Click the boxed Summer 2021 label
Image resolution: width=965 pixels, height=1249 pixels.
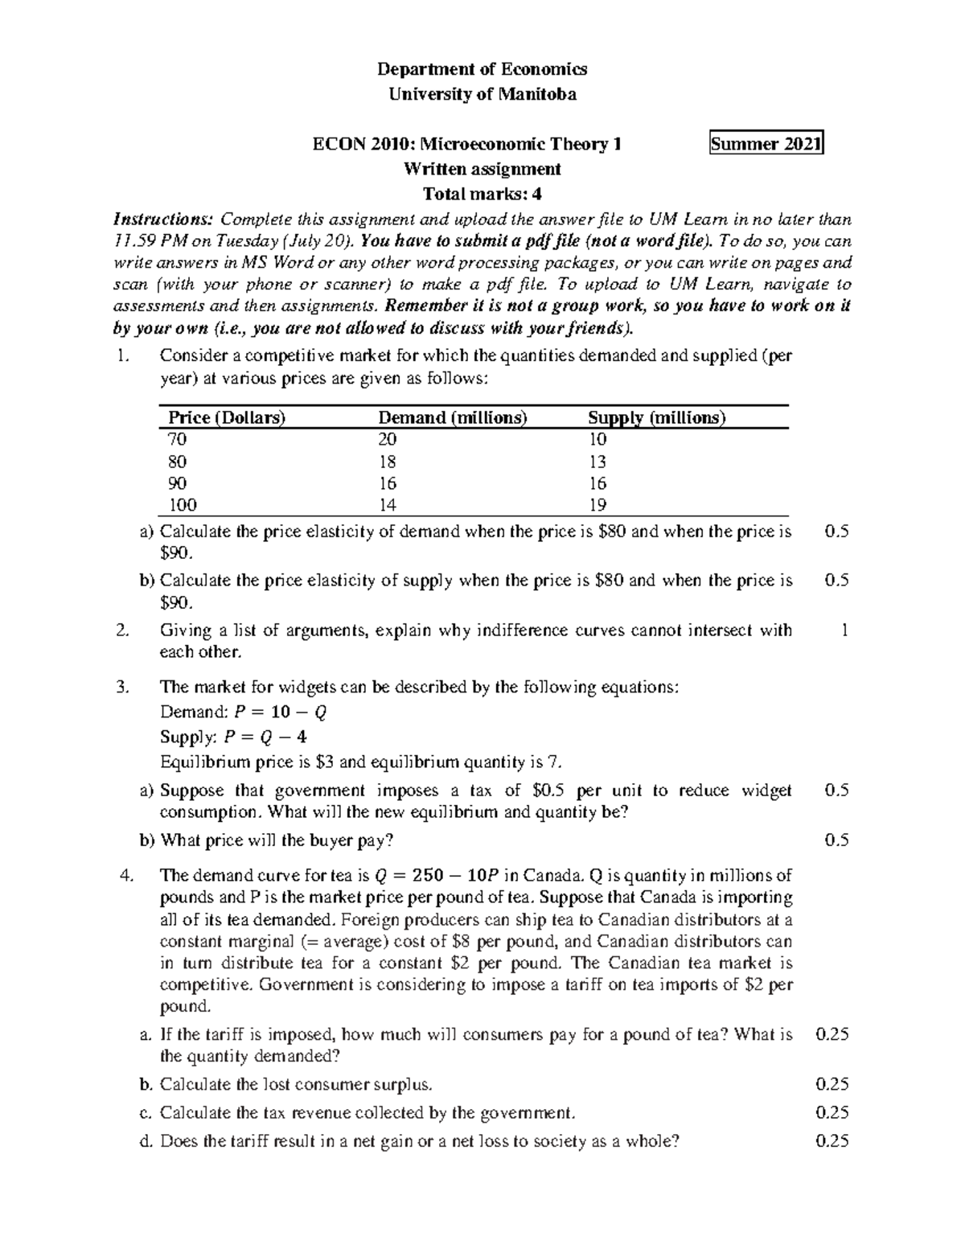(766, 144)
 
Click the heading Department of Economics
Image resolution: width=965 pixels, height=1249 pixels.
(482, 69)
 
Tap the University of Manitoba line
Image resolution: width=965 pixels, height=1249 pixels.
(482, 94)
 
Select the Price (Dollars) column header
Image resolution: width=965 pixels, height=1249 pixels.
(227, 417)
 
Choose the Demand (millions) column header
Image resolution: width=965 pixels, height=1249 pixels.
(453, 417)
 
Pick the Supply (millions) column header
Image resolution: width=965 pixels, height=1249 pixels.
(656, 417)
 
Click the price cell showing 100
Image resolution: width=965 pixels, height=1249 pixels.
(183, 505)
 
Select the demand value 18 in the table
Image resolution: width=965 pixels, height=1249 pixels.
(388, 462)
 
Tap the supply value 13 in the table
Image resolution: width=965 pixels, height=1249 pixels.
(597, 462)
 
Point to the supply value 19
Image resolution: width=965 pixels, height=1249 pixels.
(597, 505)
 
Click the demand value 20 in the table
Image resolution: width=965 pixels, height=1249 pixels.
(388, 439)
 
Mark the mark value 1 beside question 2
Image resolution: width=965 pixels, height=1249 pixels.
(844, 631)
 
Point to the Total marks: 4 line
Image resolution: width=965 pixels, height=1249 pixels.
(482, 194)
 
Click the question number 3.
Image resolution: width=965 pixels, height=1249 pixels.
(122, 687)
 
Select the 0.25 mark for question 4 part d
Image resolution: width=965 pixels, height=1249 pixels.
(832, 1140)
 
